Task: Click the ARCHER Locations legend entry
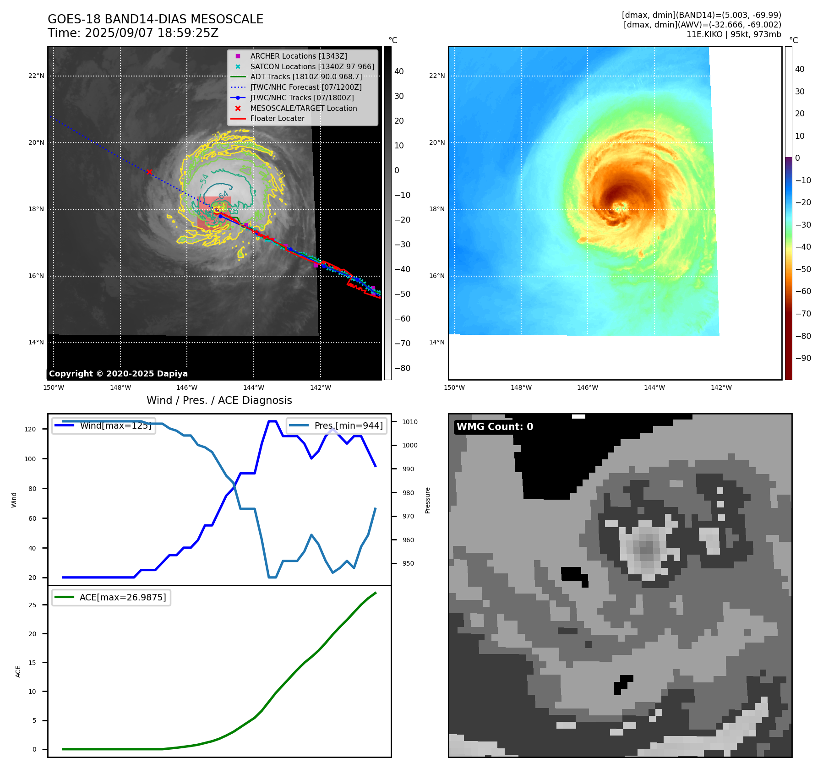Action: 298,56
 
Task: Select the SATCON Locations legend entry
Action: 312,66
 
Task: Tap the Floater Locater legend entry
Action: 277,118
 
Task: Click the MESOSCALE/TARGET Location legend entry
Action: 303,108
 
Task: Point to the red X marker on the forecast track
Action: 149,172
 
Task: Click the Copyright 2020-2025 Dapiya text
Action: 118,374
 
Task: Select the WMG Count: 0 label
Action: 495,427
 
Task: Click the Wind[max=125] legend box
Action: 104,425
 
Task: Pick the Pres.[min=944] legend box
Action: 337,425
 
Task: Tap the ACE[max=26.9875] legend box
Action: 111,598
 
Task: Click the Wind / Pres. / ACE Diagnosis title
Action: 219,400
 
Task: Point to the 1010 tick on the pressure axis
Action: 410,422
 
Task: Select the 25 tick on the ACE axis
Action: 32,605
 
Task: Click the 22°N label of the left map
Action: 36,76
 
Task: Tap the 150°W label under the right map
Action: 454,387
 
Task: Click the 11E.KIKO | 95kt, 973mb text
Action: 734,34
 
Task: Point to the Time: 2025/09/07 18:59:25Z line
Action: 133,33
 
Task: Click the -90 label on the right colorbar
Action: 803,358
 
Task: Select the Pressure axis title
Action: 427,500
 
